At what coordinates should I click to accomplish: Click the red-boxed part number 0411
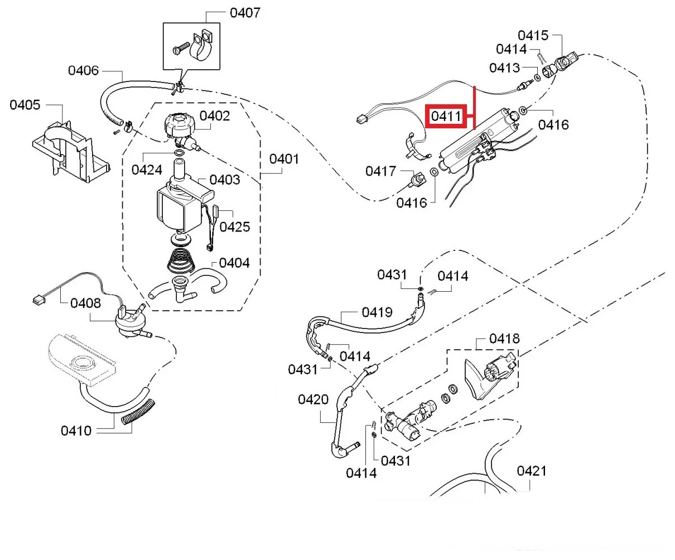[x=446, y=117]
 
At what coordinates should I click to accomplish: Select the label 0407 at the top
[x=245, y=12]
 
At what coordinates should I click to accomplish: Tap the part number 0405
[x=25, y=104]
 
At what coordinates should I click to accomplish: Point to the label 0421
[x=531, y=471]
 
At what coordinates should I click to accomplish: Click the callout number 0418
[x=504, y=339]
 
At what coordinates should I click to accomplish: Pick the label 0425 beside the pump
[x=234, y=226]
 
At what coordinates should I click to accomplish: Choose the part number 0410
[x=76, y=431]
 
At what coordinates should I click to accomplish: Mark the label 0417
[x=380, y=171]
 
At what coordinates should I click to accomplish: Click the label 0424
[x=147, y=170]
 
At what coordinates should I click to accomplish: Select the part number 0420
[x=313, y=399]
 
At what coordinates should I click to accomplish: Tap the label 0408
[x=85, y=303]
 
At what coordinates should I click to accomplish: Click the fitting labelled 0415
[x=567, y=59]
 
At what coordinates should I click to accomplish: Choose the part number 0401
[x=284, y=159]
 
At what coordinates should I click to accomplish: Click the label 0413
[x=504, y=67]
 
